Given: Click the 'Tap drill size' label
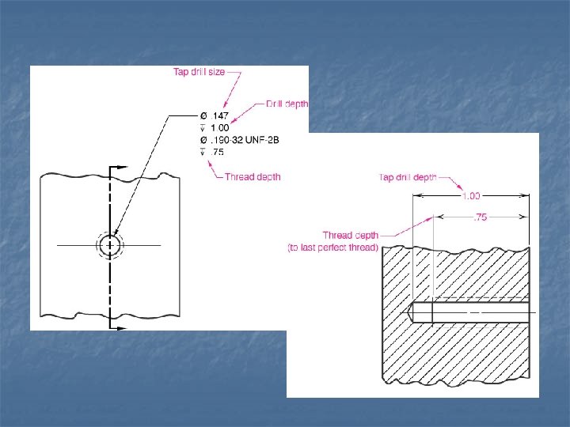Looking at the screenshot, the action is [199, 72].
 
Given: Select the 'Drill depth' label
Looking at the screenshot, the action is [287, 104].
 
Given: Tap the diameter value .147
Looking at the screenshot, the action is [218, 115].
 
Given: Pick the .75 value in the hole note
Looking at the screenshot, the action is [216, 152].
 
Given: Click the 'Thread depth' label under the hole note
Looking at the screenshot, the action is [253, 176].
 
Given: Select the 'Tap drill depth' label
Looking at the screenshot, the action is [408, 177].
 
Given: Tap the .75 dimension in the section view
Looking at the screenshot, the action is [480, 217].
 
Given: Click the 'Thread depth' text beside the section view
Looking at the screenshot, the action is [350, 235].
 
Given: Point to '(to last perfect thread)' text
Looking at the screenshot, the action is [332, 248].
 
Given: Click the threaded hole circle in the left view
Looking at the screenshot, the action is [110, 245].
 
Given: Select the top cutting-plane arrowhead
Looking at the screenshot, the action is [121, 168].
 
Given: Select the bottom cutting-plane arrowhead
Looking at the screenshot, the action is [121, 326].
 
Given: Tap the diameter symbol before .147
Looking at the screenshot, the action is [202, 115].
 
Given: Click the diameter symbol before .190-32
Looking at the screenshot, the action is [202, 140].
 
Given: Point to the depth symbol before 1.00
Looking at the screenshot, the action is [202, 128].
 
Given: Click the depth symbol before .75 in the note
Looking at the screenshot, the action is [202, 152].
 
